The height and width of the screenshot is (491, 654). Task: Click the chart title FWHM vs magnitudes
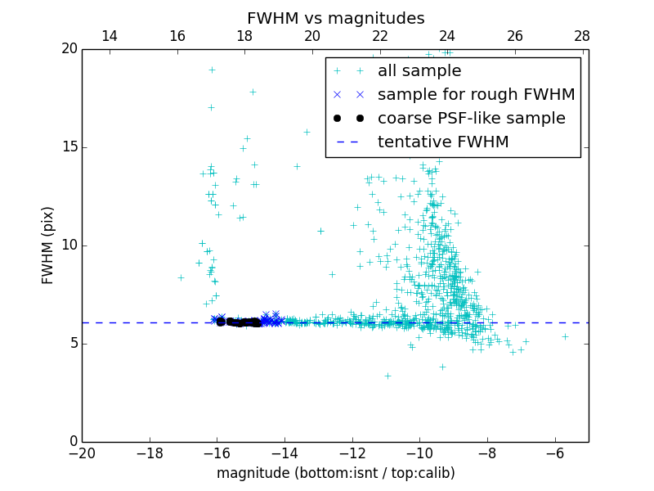[335, 18]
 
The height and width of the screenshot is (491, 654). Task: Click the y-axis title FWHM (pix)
[48, 245]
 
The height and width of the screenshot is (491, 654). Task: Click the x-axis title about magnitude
[335, 473]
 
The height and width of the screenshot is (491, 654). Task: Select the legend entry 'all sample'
[419, 71]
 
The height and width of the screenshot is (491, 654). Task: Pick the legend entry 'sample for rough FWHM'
[476, 95]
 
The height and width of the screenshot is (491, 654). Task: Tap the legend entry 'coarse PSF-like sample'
[471, 119]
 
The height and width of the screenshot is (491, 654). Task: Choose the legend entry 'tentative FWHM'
[442, 142]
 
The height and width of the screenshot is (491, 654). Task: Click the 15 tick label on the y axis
[69, 147]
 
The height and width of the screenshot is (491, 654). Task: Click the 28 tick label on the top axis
[582, 36]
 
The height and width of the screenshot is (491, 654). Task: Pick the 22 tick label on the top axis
[379, 36]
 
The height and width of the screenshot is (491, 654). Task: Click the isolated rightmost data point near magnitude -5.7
[565, 336]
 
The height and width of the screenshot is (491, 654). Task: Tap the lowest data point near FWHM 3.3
[387, 376]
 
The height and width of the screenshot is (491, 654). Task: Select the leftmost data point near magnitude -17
[181, 277]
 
